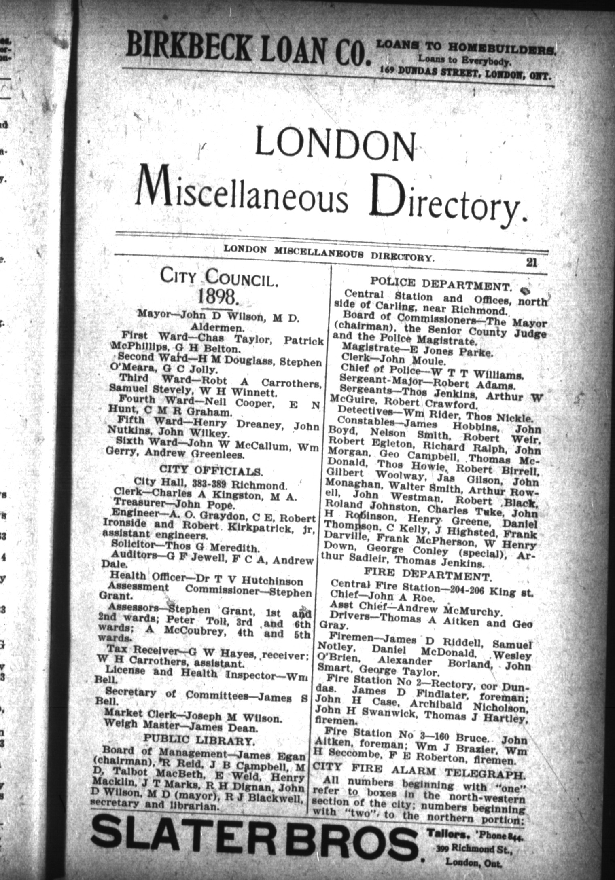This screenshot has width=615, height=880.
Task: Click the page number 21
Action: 531,262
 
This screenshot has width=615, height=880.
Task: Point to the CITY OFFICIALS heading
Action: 211,471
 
